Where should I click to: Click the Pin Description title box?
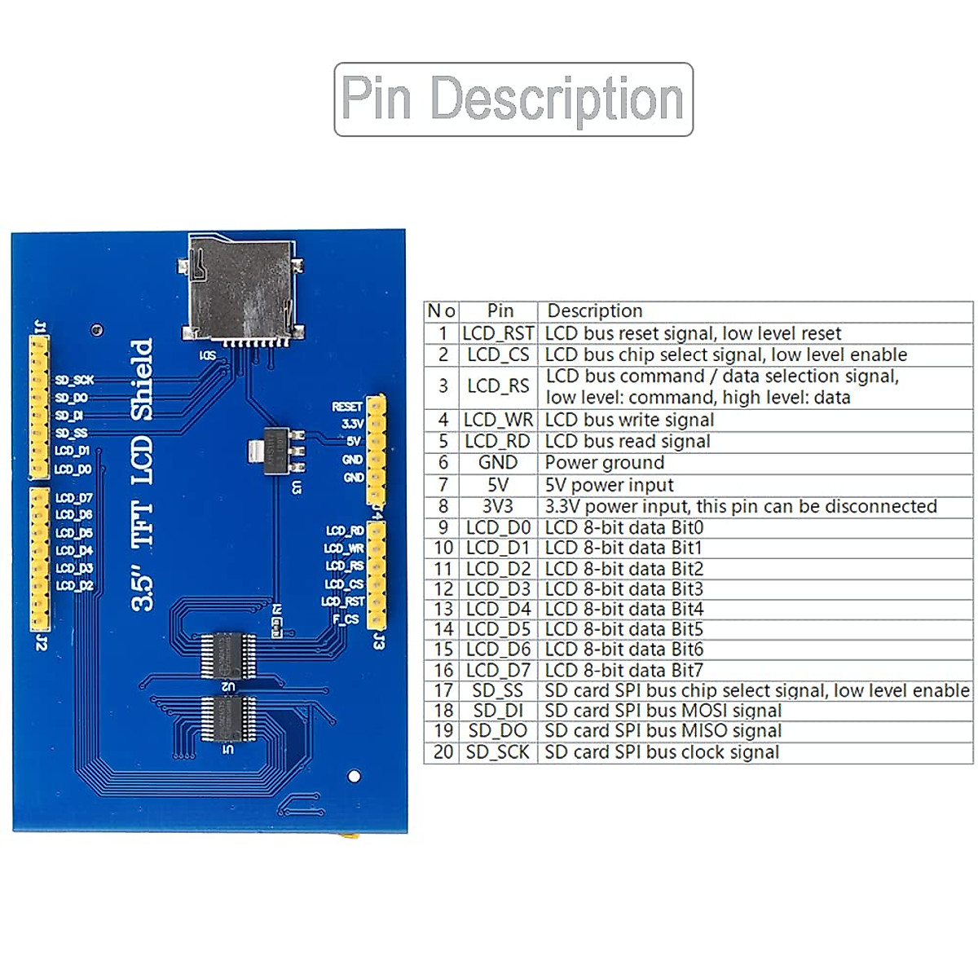[x=513, y=99]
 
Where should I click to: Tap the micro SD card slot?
[x=242, y=289]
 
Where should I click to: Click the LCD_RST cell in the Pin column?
[x=498, y=333]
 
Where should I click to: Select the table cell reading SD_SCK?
[x=498, y=752]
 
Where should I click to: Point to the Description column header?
[x=595, y=311]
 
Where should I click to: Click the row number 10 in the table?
[x=443, y=548]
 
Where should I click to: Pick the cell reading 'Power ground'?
[x=605, y=463]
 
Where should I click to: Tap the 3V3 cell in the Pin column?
[x=498, y=506]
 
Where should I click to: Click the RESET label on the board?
[x=347, y=406]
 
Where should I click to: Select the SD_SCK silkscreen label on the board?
[x=74, y=380]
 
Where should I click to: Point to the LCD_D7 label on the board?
[x=74, y=497]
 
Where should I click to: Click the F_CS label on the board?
[x=346, y=619]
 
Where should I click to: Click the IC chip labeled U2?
[x=228, y=654]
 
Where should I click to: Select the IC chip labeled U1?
[x=228, y=718]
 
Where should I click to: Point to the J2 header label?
[x=41, y=643]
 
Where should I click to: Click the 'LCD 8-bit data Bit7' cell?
[x=623, y=671]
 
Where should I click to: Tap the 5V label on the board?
[x=353, y=441]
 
